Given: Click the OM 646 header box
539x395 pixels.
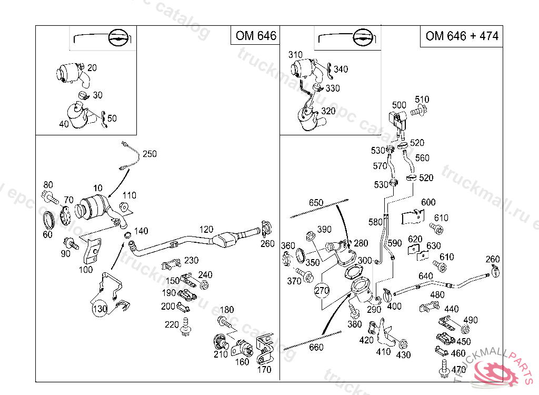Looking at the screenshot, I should [x=255, y=36].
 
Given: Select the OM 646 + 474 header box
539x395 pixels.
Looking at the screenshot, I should [x=462, y=36].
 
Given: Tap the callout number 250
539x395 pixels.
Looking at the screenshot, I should [x=149, y=154].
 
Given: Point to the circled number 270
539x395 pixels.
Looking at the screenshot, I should [x=323, y=290].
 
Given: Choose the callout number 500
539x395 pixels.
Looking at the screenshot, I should [x=400, y=105].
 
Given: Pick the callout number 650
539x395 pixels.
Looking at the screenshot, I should [x=316, y=203].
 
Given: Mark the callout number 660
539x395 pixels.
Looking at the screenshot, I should [x=316, y=347].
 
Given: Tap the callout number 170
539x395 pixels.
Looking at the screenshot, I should [x=265, y=369].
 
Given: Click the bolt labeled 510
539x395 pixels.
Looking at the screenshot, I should [x=418, y=111].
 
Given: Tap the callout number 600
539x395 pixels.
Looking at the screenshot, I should [x=428, y=202].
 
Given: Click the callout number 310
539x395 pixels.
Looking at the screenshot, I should [x=295, y=55].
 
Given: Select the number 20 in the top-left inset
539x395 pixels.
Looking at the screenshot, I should [x=92, y=67].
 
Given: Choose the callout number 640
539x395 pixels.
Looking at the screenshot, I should [x=425, y=276].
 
